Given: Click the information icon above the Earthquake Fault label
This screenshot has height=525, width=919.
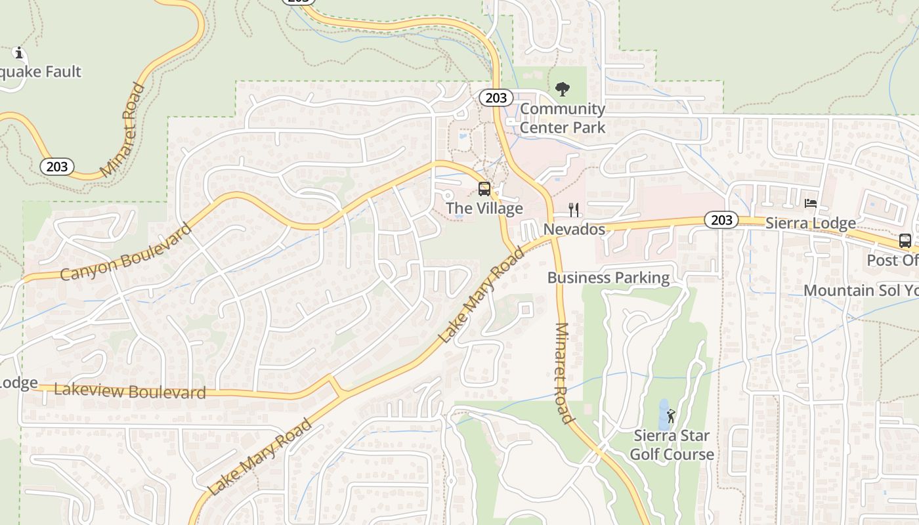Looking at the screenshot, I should tap(19, 52).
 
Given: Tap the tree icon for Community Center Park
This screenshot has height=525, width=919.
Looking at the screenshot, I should tap(562, 89).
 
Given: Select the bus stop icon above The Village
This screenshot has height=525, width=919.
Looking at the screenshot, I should tap(484, 189).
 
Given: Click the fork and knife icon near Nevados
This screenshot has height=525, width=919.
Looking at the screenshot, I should tap(574, 209).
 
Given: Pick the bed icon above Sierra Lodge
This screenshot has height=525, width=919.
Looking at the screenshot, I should tap(811, 203).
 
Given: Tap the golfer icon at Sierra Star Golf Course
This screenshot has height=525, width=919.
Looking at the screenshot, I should tap(670, 416).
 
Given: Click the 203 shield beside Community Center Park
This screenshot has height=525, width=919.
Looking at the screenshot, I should tap(496, 98).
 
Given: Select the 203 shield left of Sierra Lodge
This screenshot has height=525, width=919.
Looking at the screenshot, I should tap(721, 220).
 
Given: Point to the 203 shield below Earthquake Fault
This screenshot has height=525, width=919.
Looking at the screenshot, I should tap(57, 167).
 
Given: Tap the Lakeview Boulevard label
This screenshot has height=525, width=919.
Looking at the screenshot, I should tap(130, 391).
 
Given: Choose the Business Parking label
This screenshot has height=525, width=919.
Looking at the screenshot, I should tap(609, 278).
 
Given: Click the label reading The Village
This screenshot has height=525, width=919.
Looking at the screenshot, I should tap(484, 209).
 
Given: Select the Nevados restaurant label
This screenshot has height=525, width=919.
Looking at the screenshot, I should tap(574, 229).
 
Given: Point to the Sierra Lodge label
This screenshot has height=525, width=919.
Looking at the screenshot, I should tap(811, 223).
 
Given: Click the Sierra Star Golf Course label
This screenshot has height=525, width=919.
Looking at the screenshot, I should tap(672, 445).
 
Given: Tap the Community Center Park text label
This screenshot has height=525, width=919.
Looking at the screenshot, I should tap(563, 118).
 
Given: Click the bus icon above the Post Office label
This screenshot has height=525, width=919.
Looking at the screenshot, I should tap(905, 241).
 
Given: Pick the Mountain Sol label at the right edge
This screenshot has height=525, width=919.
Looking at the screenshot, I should tap(860, 290).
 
